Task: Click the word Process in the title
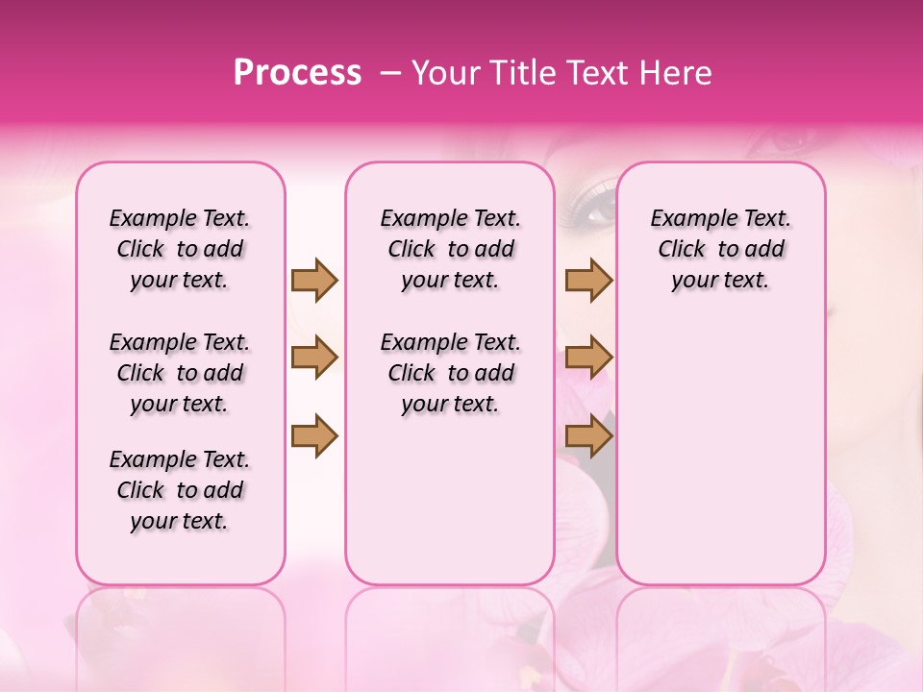[297, 73]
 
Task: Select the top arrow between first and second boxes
[314, 280]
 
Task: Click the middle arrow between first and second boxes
[314, 358]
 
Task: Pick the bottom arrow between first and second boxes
[314, 435]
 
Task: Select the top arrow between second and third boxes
[588, 280]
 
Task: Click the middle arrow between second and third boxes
[588, 358]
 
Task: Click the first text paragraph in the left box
[180, 249]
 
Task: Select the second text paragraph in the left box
[180, 373]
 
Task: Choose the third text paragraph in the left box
[180, 490]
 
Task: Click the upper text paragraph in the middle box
[450, 249]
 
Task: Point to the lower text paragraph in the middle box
[450, 373]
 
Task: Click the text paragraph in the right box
[720, 249]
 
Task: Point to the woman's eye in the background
[598, 204]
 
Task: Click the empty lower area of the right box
[720, 452]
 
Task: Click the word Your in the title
[444, 73]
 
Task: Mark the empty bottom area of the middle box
[450, 509]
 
